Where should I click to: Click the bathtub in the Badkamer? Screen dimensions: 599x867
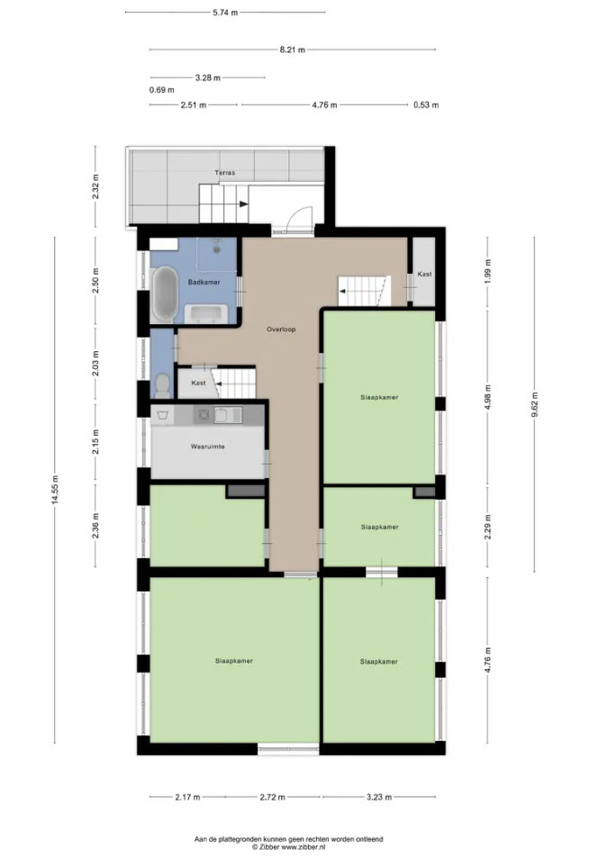pyautogui.click(x=163, y=294)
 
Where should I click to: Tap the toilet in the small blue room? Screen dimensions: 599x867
pyautogui.click(x=163, y=385)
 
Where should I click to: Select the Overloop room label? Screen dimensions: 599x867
pyautogui.click(x=281, y=330)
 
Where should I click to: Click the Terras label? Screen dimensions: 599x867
pyautogui.click(x=224, y=173)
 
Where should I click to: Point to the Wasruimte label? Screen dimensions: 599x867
pyautogui.click(x=207, y=447)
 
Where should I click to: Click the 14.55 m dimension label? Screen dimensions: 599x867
pyautogui.click(x=54, y=490)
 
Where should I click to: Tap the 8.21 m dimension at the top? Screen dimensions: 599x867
pyautogui.click(x=292, y=50)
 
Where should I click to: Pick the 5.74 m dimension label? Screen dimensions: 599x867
pyautogui.click(x=225, y=13)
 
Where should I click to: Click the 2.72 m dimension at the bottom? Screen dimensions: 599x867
pyautogui.click(x=273, y=797)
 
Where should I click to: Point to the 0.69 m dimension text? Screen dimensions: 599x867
pyautogui.click(x=161, y=89)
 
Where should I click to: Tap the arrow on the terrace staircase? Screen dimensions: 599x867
pyautogui.click(x=243, y=203)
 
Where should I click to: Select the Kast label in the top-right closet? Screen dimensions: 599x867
pyautogui.click(x=425, y=275)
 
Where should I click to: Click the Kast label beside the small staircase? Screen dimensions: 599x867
pyautogui.click(x=198, y=383)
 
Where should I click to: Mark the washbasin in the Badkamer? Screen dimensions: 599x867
pyautogui.click(x=208, y=313)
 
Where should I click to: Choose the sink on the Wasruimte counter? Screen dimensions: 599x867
pyautogui.click(x=228, y=415)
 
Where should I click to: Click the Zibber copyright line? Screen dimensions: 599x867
pyautogui.click(x=289, y=846)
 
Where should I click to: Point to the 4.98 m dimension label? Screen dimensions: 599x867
pyautogui.click(x=487, y=397)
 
